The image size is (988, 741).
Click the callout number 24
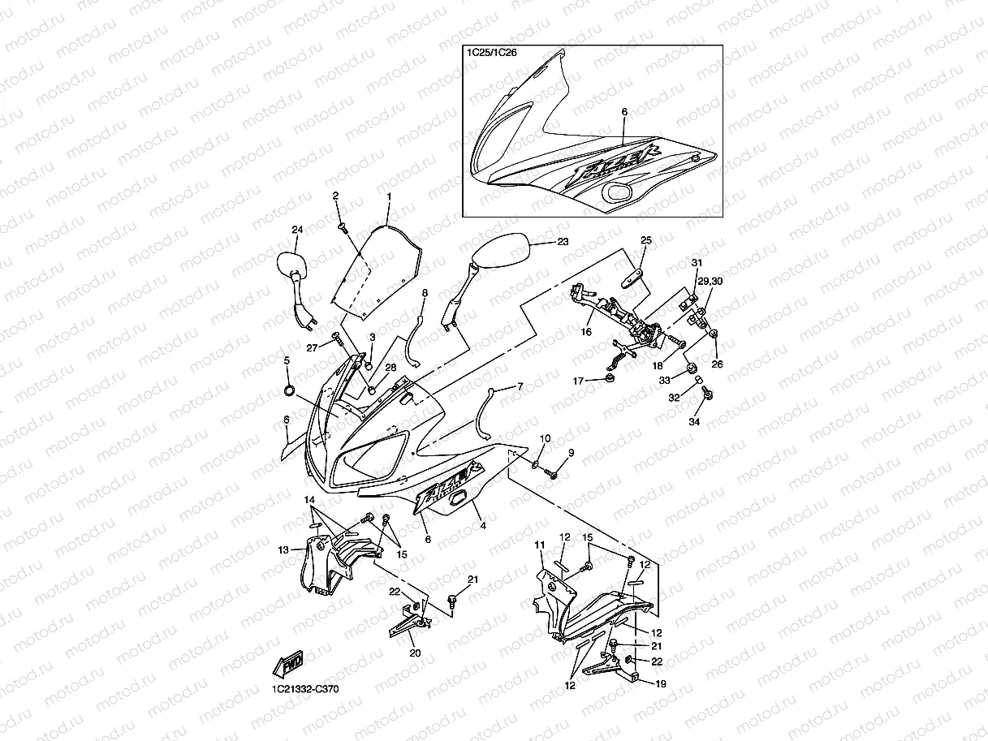[296, 230]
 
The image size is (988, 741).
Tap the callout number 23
[563, 242]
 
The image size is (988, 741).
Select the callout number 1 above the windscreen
[389, 196]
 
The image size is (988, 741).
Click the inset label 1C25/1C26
[492, 53]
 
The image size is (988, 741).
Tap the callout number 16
[586, 331]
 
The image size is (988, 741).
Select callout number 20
[415, 653]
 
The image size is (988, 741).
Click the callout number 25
[646, 240]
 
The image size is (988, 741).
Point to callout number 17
[579, 381]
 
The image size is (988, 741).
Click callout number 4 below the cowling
[483, 526]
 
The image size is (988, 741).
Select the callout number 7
[520, 386]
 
